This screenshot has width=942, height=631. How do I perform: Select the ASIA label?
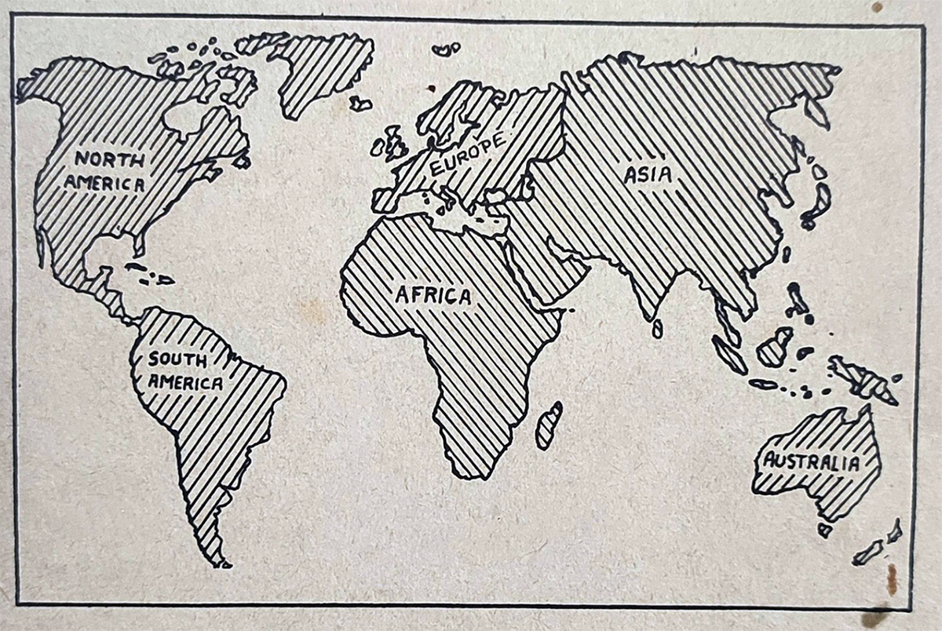[x=648, y=174]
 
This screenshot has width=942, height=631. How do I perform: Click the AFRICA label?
[x=433, y=296]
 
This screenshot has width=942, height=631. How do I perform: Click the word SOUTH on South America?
[x=178, y=361]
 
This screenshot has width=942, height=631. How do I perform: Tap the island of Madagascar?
[x=549, y=425]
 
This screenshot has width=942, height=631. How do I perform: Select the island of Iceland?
[x=360, y=103]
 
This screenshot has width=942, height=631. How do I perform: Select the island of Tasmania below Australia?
[x=823, y=530]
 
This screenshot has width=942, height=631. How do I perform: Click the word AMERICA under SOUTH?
[x=187, y=383]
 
